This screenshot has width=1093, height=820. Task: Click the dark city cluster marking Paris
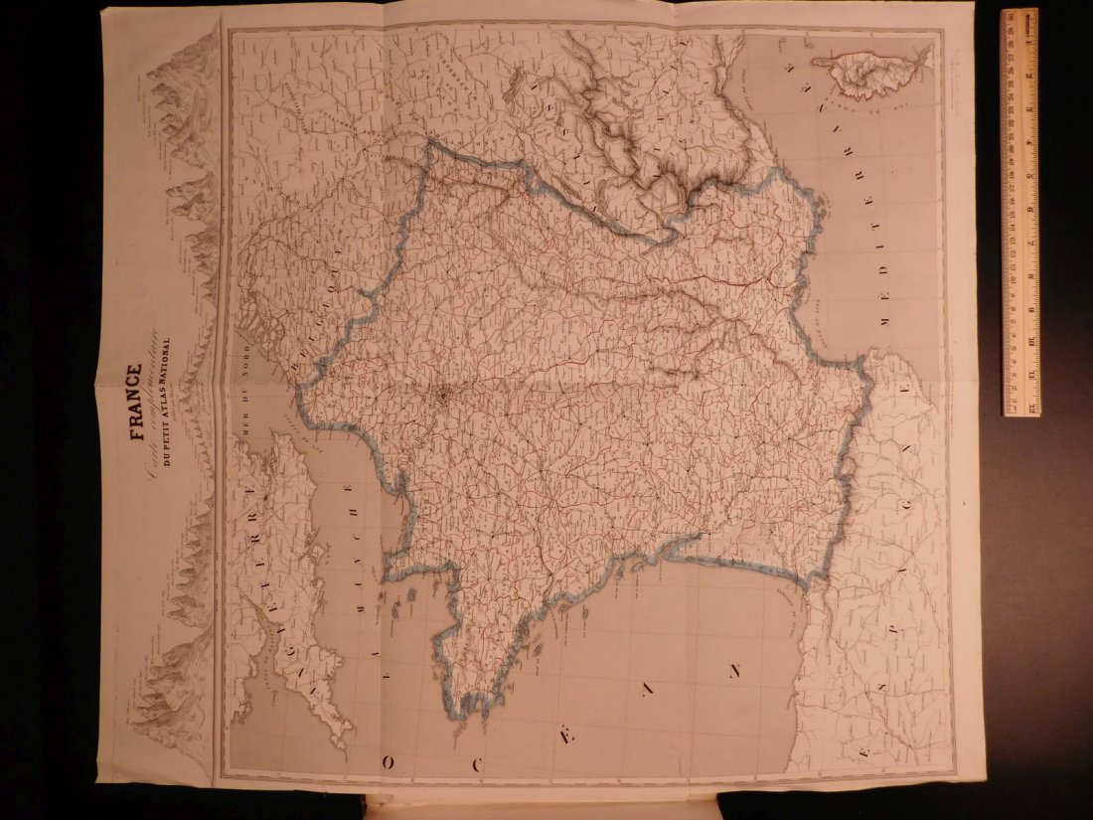click(443, 398)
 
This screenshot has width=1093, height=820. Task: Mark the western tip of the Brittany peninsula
click(466, 712)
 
